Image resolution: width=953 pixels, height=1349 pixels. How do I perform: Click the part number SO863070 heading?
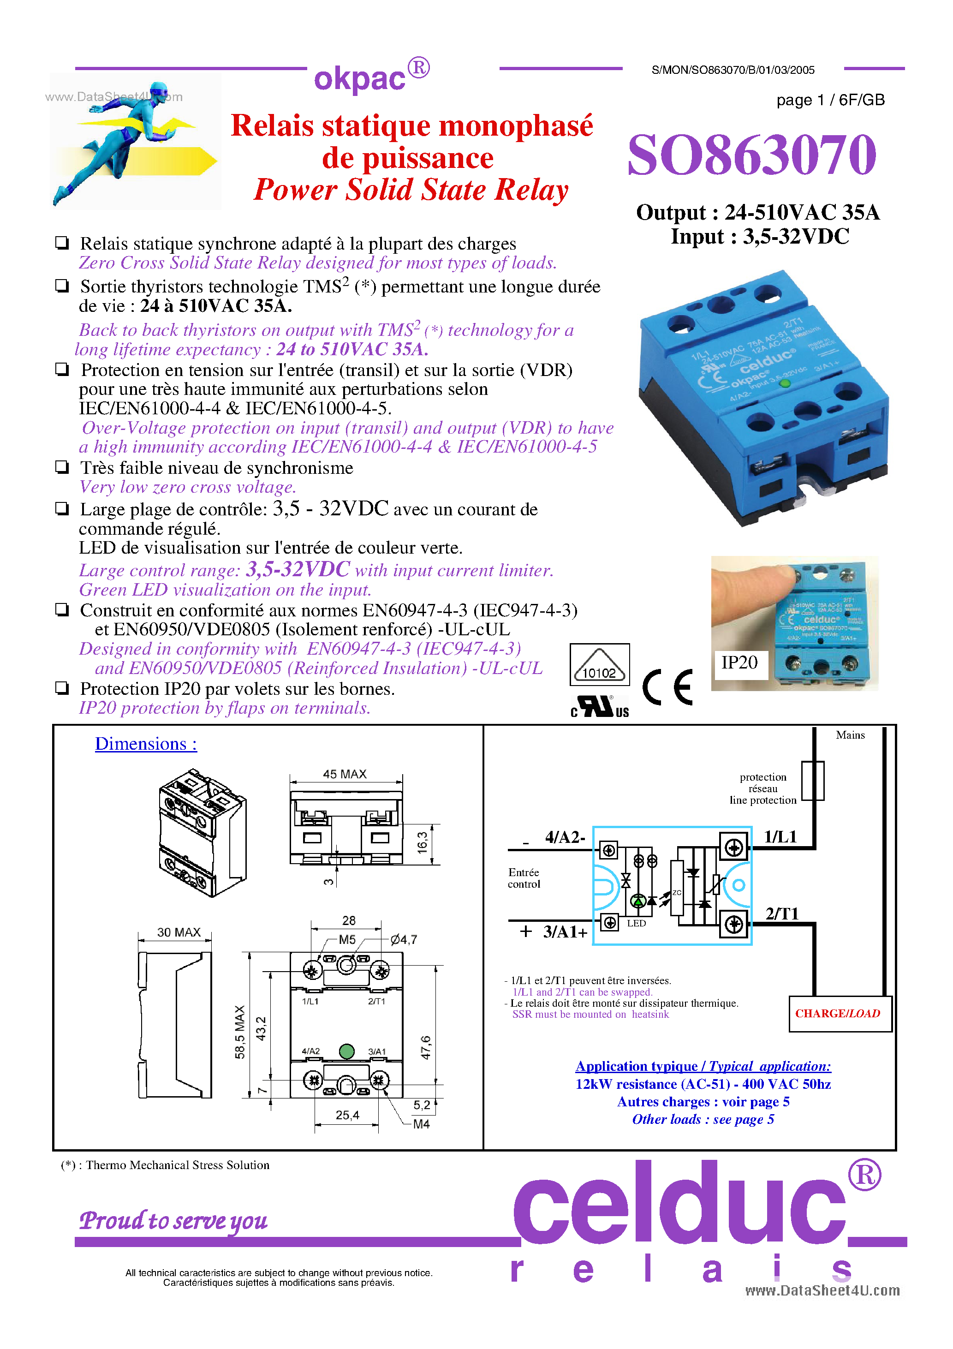[751, 155]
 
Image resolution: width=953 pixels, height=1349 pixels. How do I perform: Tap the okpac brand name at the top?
[360, 79]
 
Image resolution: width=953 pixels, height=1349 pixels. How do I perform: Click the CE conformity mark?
[667, 686]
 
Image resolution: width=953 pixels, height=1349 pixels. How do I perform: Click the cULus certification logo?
[599, 706]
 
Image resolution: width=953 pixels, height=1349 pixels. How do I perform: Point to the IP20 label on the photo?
[739, 663]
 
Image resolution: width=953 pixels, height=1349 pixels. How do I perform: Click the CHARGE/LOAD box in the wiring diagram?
[839, 1013]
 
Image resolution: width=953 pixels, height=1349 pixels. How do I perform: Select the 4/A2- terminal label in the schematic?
[564, 837]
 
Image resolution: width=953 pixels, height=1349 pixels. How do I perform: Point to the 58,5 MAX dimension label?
[240, 1032]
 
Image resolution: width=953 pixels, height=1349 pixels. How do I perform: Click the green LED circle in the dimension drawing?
[347, 1051]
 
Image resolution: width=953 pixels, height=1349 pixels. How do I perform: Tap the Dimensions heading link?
[146, 744]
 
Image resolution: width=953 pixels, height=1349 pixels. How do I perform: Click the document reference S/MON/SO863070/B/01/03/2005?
[733, 70]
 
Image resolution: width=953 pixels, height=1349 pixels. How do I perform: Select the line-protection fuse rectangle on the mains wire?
[813, 781]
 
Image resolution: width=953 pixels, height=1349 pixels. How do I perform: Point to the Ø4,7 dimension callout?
[404, 939]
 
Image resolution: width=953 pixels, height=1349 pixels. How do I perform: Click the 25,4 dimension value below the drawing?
[347, 1115]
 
